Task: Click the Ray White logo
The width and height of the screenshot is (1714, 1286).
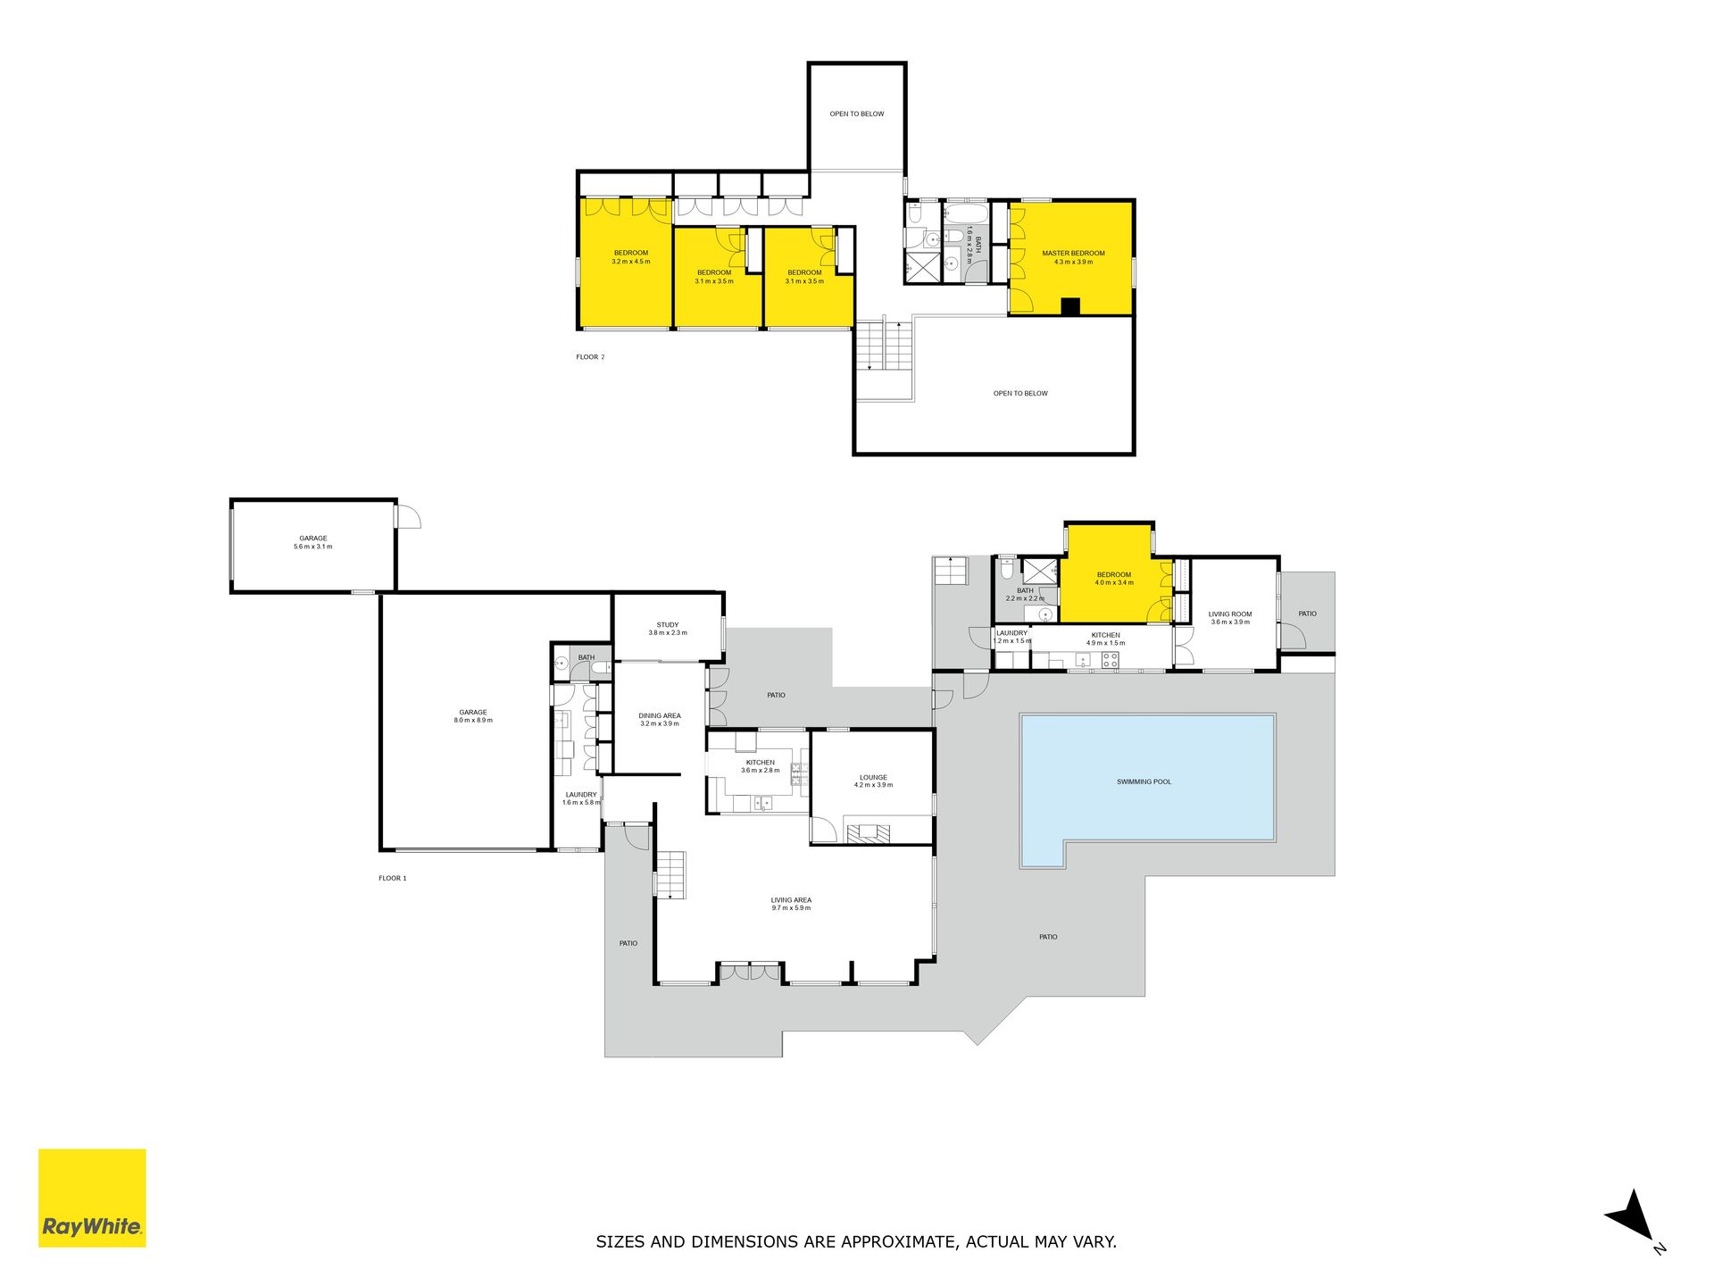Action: (92, 1198)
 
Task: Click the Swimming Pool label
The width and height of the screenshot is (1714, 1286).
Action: (1144, 782)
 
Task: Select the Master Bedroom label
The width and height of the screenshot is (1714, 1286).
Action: (1073, 258)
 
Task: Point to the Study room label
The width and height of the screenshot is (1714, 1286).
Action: (668, 629)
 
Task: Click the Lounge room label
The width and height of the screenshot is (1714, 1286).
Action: (873, 781)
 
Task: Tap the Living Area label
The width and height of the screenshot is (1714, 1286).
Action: (791, 904)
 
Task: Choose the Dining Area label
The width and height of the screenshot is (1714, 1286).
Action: (660, 720)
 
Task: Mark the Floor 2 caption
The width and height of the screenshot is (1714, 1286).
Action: (590, 357)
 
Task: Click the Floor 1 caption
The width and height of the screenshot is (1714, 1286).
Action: (392, 879)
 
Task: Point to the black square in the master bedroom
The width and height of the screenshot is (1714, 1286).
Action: (1070, 307)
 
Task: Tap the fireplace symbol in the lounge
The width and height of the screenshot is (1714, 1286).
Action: (869, 834)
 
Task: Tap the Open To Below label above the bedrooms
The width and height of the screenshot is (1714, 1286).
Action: (857, 114)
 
